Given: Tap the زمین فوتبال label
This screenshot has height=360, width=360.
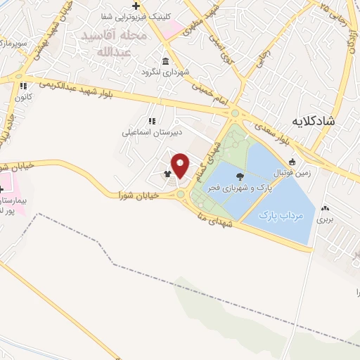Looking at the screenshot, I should (x=292, y=172).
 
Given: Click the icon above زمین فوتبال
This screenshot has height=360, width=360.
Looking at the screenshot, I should (x=292, y=162).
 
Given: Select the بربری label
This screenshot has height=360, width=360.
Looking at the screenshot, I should (x=324, y=219).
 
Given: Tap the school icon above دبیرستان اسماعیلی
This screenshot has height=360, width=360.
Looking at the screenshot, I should (x=151, y=121).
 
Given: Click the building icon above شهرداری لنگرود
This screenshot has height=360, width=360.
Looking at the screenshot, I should (x=165, y=61).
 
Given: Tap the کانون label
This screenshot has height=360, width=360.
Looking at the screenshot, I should (x=24, y=96).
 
